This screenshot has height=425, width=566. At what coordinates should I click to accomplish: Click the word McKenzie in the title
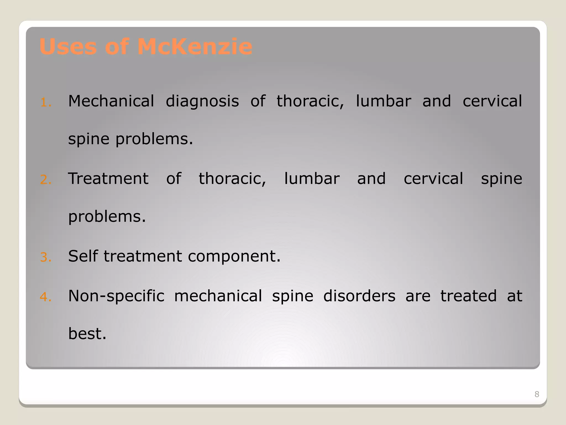tap(195, 46)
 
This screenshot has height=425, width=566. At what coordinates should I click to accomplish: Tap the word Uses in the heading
tap(68, 46)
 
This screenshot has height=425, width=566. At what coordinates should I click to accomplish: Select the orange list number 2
tap(45, 180)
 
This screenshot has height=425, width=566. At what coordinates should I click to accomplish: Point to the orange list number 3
tap(45, 258)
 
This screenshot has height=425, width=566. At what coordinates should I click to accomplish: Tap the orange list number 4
tap(45, 297)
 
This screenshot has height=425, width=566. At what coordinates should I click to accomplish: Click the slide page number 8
tap(537, 394)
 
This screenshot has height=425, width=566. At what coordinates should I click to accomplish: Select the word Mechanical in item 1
tap(111, 101)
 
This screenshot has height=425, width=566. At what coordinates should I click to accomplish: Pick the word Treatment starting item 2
tap(108, 178)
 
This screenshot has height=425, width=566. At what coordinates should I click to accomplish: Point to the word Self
tap(83, 256)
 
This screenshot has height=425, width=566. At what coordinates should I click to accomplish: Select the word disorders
tap(359, 296)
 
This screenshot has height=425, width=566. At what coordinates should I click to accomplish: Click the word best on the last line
tap(87, 333)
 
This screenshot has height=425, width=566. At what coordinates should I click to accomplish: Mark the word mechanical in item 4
tap(218, 296)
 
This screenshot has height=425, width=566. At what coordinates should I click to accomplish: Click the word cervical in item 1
tap(492, 101)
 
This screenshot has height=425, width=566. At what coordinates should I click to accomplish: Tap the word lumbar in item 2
tap(312, 178)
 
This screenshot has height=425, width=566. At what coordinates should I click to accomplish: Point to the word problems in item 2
tap(107, 217)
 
